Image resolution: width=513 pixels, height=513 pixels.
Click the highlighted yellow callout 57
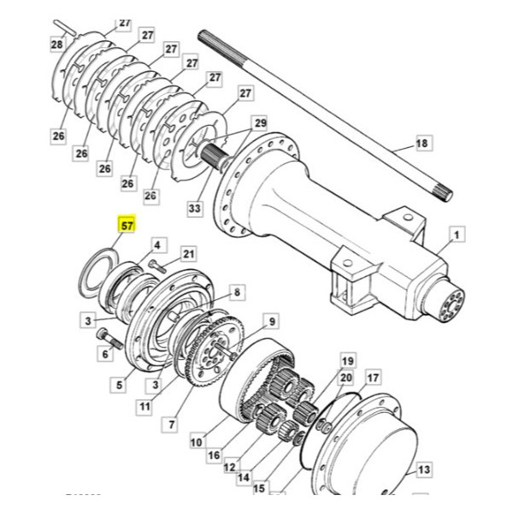[127, 227]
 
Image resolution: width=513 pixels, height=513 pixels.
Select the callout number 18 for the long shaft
[421, 144]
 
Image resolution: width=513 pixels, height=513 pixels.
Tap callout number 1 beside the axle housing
[456, 233]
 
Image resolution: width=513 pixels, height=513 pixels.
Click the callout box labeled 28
[57, 44]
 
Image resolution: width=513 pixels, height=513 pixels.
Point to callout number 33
[194, 208]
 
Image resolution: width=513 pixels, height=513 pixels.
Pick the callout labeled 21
[188, 253]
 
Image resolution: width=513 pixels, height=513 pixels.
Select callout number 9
[271, 321]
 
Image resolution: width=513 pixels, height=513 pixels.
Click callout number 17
[373, 377]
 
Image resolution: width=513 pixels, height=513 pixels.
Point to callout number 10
[196, 442]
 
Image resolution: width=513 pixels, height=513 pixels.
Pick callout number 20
[346, 378]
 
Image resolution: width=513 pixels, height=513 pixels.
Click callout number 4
[158, 245]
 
